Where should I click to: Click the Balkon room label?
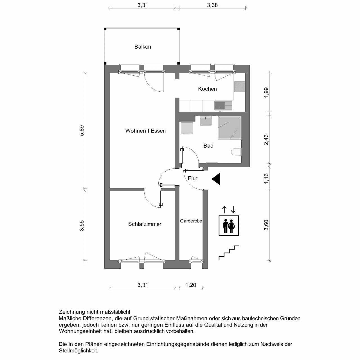(x=143, y=47)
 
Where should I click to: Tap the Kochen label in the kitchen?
(x=207, y=89)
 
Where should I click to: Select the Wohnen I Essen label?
(x=145, y=131)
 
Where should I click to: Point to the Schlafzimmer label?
(x=145, y=224)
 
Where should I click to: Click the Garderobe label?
(x=191, y=221)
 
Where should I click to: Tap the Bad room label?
(x=208, y=146)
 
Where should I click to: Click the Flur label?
(x=193, y=178)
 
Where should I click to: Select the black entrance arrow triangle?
(x=216, y=179)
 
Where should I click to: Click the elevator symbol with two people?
(x=229, y=226)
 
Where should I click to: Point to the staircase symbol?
(x=229, y=253)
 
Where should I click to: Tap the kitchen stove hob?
(x=240, y=87)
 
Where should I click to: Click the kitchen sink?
(x=223, y=106)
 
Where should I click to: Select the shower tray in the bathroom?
(x=229, y=128)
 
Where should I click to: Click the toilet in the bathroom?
(x=236, y=152)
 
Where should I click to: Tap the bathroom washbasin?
(x=206, y=121)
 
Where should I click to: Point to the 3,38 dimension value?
(x=212, y=5)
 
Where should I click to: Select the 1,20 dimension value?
(x=191, y=285)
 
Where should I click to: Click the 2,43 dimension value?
(x=266, y=139)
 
